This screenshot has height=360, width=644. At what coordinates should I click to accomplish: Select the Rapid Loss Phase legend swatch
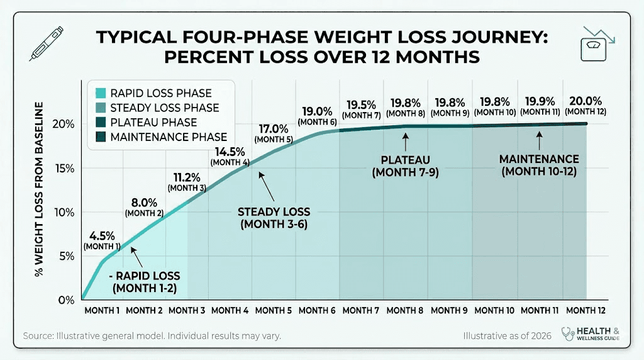pos(100,93)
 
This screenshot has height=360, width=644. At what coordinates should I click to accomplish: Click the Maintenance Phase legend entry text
pos(168,137)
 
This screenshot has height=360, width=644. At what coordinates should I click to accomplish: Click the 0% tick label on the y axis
pos(68,300)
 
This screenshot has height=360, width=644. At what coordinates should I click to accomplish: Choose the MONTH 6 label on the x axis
pos(318,310)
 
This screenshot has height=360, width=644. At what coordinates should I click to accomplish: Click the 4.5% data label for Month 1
pos(99,236)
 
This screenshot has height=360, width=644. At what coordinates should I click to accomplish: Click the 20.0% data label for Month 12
pos(585,101)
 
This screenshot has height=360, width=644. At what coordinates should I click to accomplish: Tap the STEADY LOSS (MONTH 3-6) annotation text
pos(274,217)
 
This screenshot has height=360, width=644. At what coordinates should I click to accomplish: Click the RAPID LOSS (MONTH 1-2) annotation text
pos(145,282)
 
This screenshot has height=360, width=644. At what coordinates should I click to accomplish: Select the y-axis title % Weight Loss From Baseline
pos(40,189)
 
